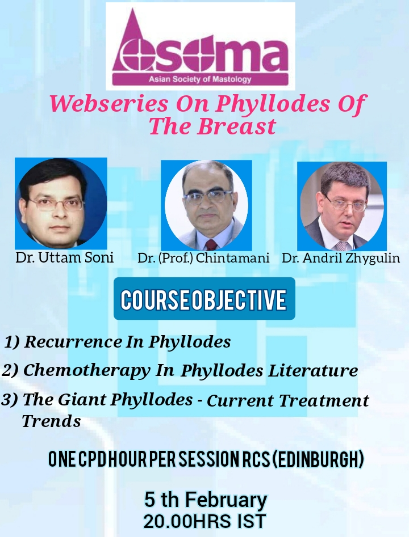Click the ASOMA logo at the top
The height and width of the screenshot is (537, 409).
(x=201, y=46)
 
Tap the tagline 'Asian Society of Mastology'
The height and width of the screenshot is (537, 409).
(x=200, y=79)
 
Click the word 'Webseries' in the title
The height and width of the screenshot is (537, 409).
(x=109, y=103)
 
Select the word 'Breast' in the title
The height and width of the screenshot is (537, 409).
(x=236, y=126)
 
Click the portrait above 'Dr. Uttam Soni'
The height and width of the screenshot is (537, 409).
(x=61, y=204)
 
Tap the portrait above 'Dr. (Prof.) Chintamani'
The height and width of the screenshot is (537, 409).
(x=207, y=205)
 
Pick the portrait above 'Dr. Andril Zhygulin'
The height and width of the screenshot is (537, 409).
(x=342, y=206)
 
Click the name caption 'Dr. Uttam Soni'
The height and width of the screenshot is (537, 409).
(x=65, y=257)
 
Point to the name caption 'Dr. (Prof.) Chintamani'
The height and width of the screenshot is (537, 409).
(x=203, y=258)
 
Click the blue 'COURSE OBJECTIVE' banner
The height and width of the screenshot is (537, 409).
(x=204, y=299)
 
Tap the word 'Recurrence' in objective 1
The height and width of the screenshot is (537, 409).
(x=73, y=341)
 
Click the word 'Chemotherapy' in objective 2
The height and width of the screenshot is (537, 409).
(x=87, y=370)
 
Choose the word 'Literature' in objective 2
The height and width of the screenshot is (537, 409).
(x=313, y=370)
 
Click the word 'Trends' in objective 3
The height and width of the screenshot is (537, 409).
(x=52, y=421)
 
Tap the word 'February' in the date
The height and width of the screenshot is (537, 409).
(x=226, y=500)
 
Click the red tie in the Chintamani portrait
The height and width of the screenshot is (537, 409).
(x=211, y=244)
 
